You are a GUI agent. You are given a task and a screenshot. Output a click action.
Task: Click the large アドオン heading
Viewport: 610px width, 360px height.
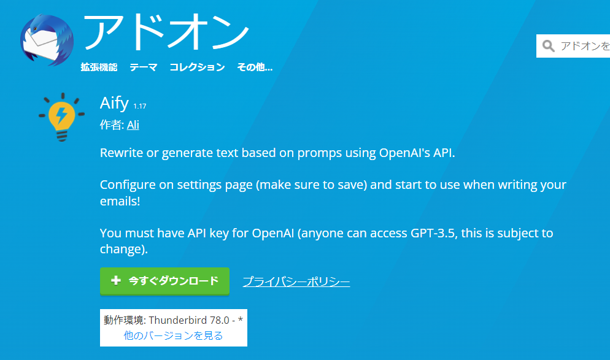coord(166,31)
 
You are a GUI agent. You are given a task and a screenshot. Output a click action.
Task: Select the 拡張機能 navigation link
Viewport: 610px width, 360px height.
coord(99,67)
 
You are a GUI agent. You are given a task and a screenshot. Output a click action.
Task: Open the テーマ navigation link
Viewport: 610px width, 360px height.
coord(143,67)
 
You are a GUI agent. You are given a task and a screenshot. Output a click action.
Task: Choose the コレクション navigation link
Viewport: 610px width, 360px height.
coord(197,67)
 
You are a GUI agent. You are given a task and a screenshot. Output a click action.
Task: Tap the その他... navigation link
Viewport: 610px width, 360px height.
coord(255,67)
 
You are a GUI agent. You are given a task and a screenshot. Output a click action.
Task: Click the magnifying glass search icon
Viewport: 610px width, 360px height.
coord(549,46)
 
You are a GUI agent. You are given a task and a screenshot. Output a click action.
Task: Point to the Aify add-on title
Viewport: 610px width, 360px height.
coord(114,103)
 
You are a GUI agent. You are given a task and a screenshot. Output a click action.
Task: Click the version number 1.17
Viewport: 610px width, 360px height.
coord(139,107)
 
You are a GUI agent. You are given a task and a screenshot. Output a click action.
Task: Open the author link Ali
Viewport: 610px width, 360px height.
coord(133,125)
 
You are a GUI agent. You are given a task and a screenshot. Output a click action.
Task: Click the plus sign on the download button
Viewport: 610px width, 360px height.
coord(116,281)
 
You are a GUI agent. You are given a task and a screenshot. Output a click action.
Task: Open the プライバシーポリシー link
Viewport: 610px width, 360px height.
coord(296,282)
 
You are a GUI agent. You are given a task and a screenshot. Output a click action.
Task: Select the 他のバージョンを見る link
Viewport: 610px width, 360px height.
coord(173,335)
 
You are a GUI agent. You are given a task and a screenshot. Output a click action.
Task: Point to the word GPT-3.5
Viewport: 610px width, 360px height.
coord(435,234)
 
